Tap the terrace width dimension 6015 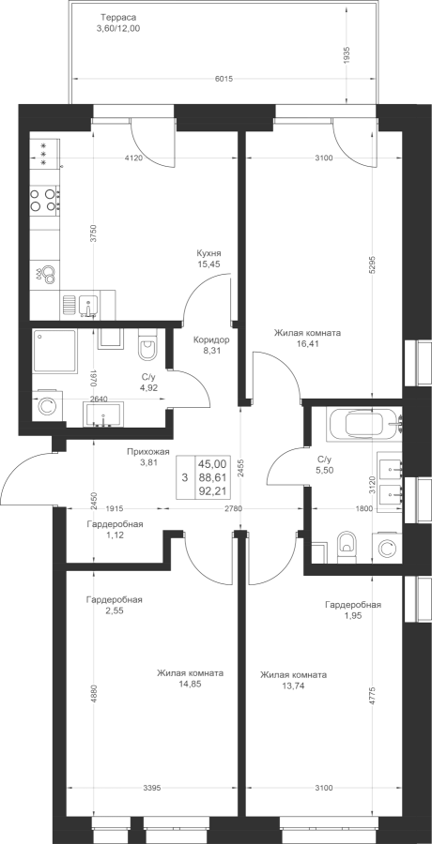tap(224, 79)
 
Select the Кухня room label tap(209, 253)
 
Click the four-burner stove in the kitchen tap(45, 199)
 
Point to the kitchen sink tap(88, 305)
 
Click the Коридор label tap(211, 340)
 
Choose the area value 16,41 tap(307, 343)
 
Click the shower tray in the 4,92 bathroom tap(54, 351)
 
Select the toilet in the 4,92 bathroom tap(147, 345)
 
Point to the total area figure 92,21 tap(212, 490)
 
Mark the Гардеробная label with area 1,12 tap(115, 524)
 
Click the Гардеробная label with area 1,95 tap(353, 605)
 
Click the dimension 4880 tap(94, 693)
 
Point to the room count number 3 tap(185, 477)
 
